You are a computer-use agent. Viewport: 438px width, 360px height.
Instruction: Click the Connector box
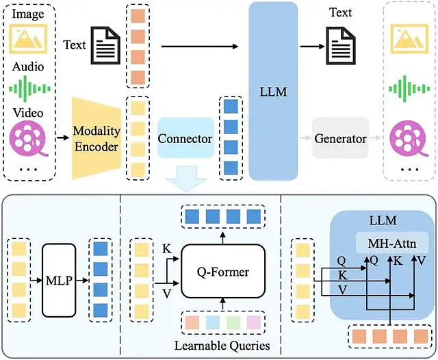(185, 138)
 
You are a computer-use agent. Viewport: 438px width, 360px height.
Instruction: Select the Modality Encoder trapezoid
(96, 138)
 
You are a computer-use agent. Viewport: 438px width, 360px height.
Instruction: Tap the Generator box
(341, 138)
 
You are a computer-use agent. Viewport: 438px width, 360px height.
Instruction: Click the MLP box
(59, 280)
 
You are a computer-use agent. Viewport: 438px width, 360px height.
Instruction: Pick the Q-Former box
(223, 272)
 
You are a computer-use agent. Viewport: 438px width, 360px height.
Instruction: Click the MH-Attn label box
(392, 243)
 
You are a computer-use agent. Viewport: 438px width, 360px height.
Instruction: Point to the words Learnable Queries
(222, 346)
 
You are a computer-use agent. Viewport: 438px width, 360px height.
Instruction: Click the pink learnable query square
(254, 322)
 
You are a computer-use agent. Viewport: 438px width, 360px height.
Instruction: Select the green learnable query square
(233, 322)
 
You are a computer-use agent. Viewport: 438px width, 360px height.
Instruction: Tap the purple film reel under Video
(29, 138)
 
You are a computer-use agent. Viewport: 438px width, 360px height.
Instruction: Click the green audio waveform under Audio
(29, 89)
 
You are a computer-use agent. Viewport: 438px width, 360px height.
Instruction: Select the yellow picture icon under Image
(28, 38)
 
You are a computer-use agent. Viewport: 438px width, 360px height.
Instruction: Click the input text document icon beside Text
(107, 45)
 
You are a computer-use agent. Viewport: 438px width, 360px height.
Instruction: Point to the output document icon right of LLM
(342, 45)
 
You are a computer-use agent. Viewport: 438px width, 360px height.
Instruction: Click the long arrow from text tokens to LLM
(200, 47)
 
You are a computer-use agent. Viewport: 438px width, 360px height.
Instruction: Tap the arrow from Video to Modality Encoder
(63, 138)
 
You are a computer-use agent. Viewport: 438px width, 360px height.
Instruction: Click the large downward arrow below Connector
(185, 178)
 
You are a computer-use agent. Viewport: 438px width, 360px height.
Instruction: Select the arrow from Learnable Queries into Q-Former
(223, 304)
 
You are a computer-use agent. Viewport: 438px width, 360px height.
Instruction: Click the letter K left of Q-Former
(167, 248)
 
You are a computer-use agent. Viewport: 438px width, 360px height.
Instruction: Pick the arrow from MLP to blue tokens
(82, 280)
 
